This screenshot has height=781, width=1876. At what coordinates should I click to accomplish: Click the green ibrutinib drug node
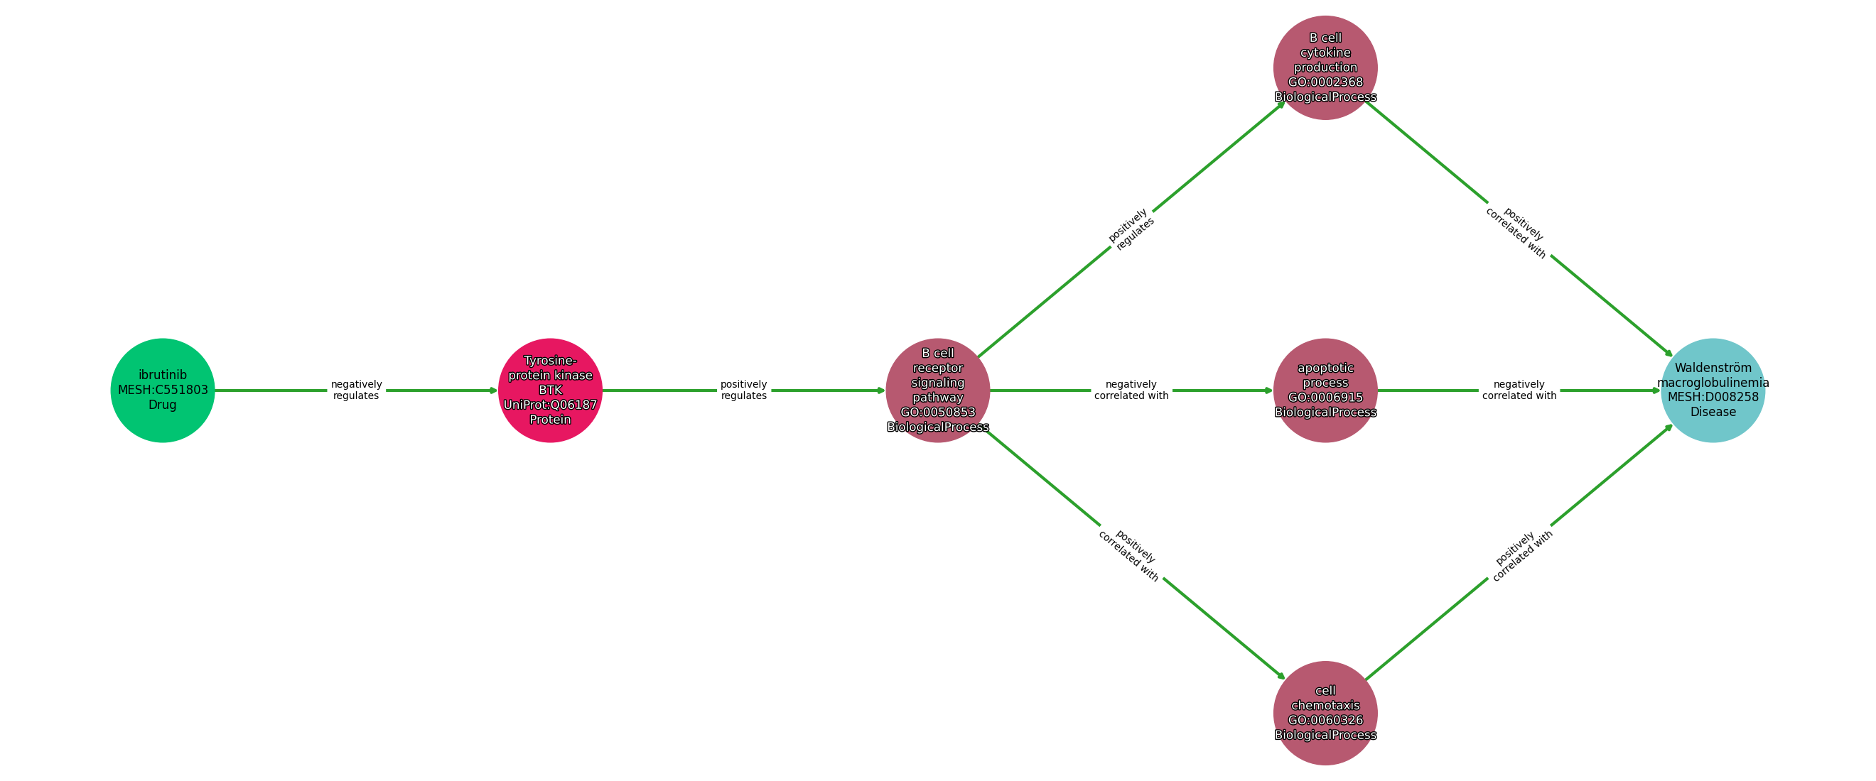click(x=163, y=390)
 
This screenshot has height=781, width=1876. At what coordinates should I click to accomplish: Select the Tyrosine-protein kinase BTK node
click(x=550, y=390)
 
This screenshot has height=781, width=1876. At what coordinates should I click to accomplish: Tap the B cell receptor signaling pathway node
click(x=937, y=390)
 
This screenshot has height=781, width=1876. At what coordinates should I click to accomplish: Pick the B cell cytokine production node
click(x=1325, y=67)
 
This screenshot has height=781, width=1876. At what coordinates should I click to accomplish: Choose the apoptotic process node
click(x=1325, y=390)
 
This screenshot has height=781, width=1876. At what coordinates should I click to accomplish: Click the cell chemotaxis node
click(x=1325, y=713)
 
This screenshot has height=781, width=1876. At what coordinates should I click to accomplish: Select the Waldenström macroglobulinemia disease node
click(x=1712, y=390)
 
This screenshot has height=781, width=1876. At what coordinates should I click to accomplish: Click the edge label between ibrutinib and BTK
click(x=356, y=390)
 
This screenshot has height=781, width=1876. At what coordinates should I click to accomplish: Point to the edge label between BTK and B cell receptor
click(x=743, y=390)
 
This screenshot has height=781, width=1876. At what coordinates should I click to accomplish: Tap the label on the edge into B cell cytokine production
click(x=1131, y=229)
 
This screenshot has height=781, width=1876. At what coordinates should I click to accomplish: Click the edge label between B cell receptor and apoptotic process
click(x=1131, y=390)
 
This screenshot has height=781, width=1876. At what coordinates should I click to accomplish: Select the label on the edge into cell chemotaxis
click(x=1128, y=555)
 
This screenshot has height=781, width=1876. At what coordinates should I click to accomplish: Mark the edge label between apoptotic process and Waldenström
click(x=1519, y=390)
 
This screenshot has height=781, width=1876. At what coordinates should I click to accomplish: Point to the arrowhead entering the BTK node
click(x=494, y=390)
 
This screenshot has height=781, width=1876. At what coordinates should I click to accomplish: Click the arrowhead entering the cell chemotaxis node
click(x=1281, y=675)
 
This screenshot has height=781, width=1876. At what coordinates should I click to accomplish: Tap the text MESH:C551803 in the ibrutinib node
click(x=163, y=390)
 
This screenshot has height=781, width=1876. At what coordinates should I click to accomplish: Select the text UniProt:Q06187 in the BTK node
click(x=550, y=405)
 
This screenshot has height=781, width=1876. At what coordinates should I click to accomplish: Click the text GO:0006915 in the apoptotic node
click(x=1325, y=398)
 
